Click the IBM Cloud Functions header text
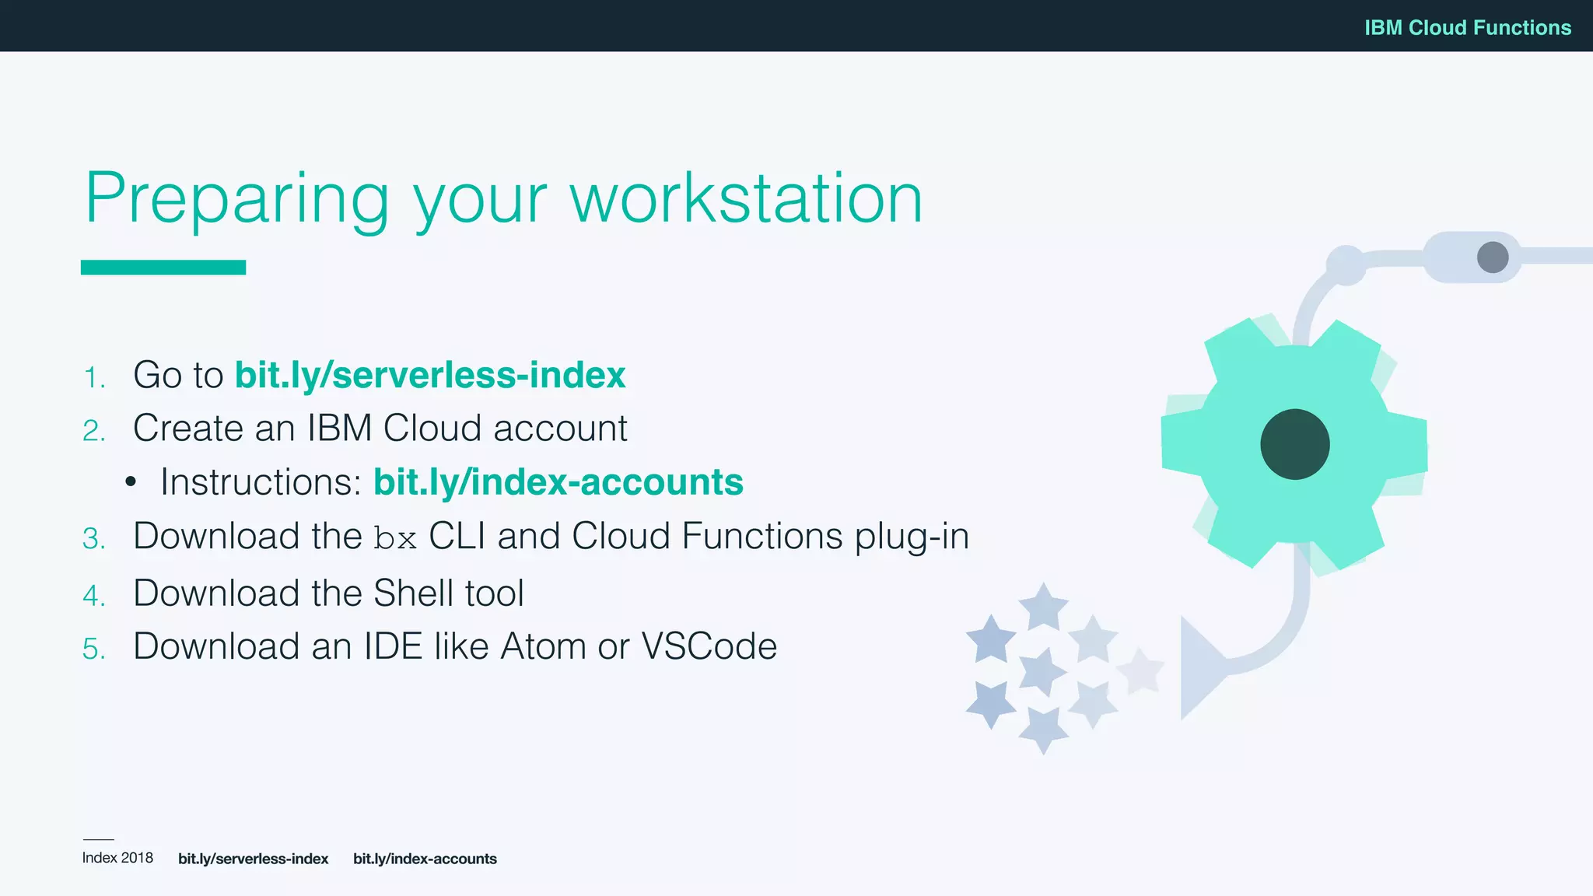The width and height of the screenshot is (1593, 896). pyautogui.click(x=1467, y=28)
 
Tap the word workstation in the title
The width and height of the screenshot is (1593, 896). pyautogui.click(x=746, y=199)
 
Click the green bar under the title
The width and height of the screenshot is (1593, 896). pyautogui.click(x=163, y=268)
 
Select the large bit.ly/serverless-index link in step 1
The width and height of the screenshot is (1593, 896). pyautogui.click(x=430, y=375)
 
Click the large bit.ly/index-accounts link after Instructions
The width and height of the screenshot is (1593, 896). pyautogui.click(x=558, y=482)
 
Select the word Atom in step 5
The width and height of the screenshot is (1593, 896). pyautogui.click(x=543, y=646)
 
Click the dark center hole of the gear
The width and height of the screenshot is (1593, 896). pyautogui.click(x=1294, y=444)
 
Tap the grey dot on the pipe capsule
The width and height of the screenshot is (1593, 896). pyautogui.click(x=1492, y=257)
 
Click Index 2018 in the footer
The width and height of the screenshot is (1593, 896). pyautogui.click(x=117, y=858)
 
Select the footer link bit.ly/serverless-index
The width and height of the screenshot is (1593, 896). pyautogui.click(x=253, y=859)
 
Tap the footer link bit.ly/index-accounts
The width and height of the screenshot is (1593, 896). pyautogui.click(x=425, y=859)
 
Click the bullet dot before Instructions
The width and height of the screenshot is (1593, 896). pyautogui.click(x=131, y=482)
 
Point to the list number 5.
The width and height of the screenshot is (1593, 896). pyautogui.click(x=93, y=649)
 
